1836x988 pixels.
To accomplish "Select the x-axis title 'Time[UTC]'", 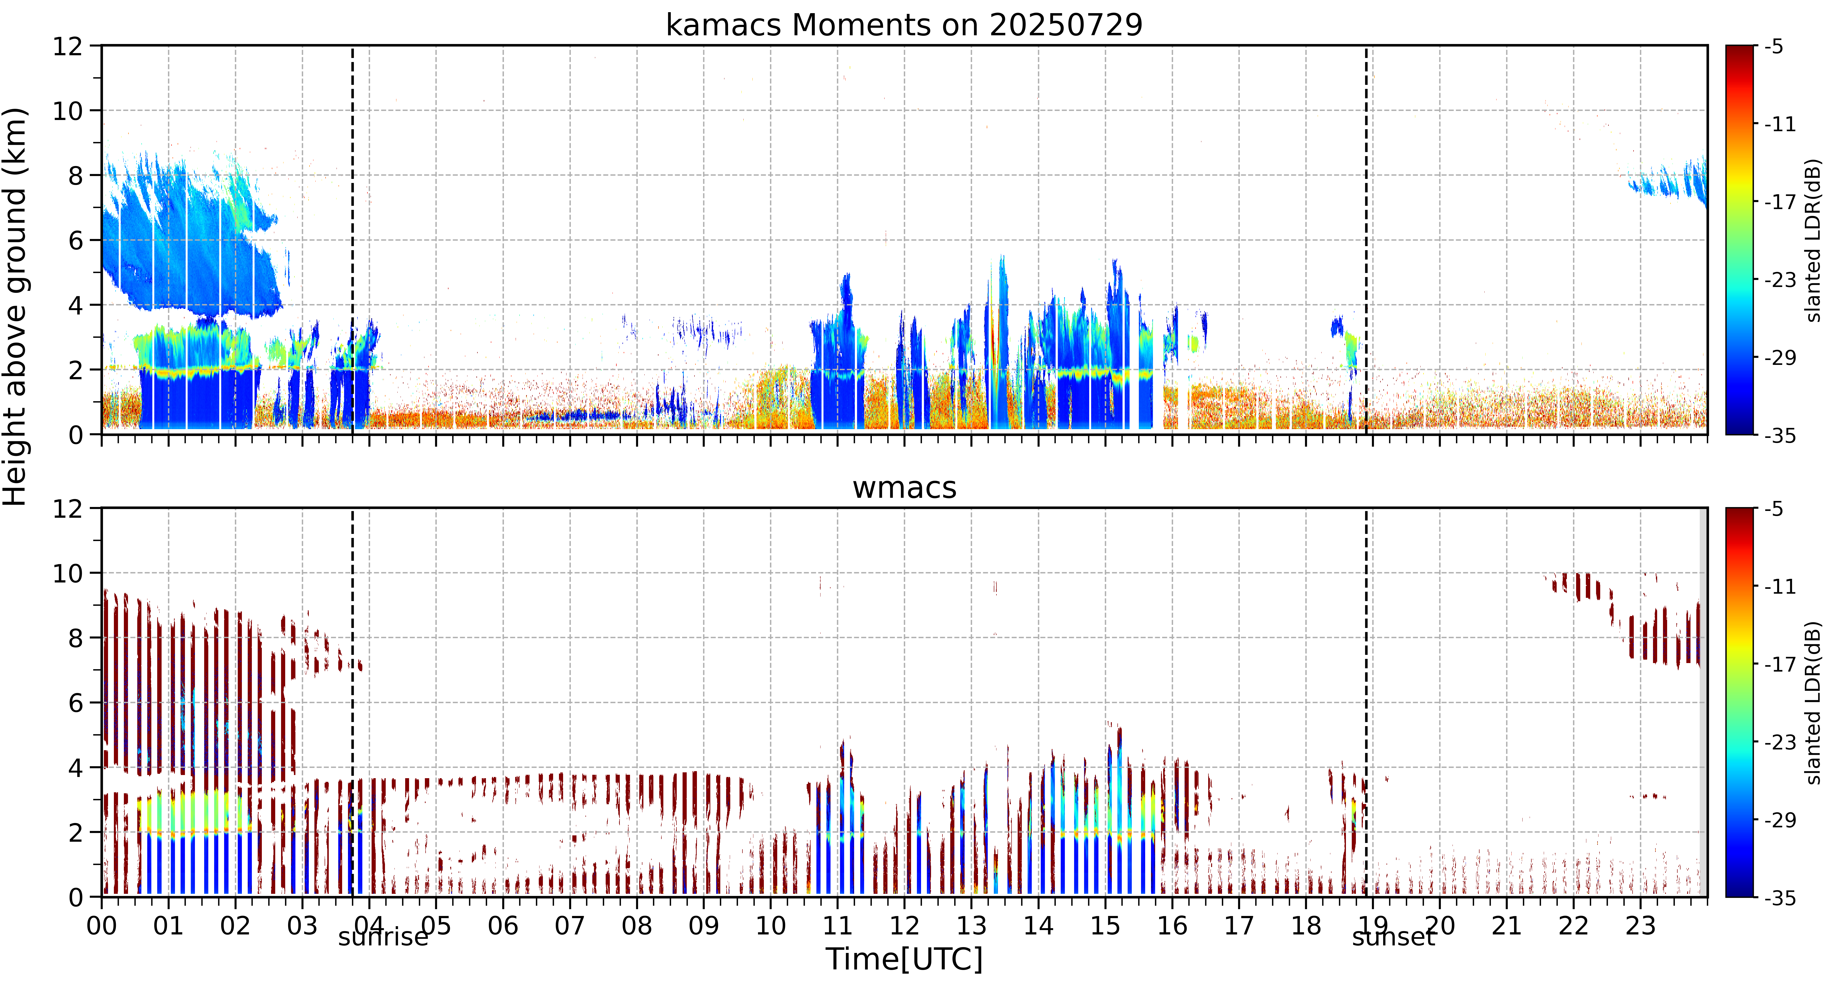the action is coord(904,960).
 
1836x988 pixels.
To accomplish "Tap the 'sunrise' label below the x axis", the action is coord(384,937).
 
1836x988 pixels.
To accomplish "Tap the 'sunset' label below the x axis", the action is coord(1393,937).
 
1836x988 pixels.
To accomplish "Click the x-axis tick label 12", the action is coord(904,926).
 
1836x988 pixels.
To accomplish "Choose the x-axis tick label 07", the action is coord(569,926).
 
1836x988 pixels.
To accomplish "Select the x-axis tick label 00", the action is coord(102,926).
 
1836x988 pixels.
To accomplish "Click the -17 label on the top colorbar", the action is coord(1780,203).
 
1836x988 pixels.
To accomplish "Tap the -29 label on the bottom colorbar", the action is coord(1780,820).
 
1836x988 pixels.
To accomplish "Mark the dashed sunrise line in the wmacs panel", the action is coord(352,702).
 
